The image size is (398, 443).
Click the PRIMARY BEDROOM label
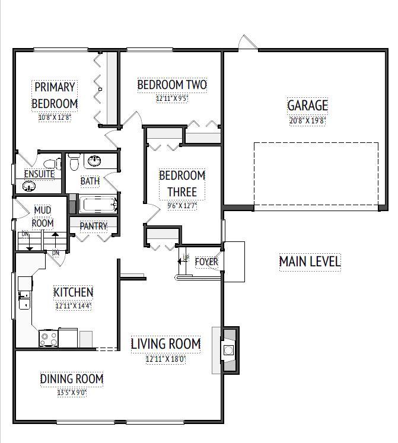click(x=55, y=95)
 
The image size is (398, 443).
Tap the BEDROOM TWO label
click(x=172, y=85)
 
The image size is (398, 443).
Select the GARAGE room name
click(x=307, y=106)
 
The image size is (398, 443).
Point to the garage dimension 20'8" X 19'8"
click(x=307, y=120)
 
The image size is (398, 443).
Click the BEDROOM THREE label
click(x=182, y=183)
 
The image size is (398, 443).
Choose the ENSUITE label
click(x=39, y=174)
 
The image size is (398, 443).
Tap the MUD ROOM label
click(x=42, y=216)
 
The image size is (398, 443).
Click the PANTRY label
click(x=93, y=226)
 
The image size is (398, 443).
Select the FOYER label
click(x=206, y=262)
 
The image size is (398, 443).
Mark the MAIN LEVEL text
click(x=310, y=262)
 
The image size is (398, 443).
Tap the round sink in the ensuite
click(x=28, y=186)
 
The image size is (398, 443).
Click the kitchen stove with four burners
click(x=48, y=338)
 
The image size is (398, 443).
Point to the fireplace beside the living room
click(x=229, y=350)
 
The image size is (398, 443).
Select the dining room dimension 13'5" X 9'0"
click(x=72, y=391)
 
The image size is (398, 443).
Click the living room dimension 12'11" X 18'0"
click(x=165, y=359)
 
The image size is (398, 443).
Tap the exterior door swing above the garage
click(x=248, y=43)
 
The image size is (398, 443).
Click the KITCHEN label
click(x=74, y=292)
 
